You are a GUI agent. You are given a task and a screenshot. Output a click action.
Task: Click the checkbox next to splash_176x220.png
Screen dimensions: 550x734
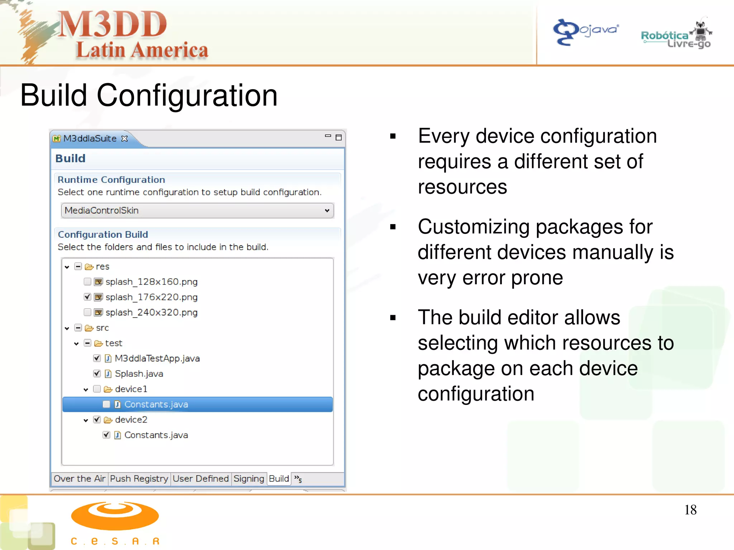click(87, 297)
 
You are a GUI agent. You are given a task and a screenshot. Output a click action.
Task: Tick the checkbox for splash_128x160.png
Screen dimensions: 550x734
click(87, 281)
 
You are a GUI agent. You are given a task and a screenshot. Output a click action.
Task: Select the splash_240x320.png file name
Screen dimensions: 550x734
click(151, 313)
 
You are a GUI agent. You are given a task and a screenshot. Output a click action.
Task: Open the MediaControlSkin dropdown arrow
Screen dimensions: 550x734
click(327, 211)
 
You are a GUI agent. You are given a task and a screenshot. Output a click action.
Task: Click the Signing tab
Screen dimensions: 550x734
click(249, 479)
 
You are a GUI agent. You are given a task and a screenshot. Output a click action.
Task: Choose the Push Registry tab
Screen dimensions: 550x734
click(139, 479)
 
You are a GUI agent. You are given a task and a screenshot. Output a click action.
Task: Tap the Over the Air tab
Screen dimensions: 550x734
click(79, 479)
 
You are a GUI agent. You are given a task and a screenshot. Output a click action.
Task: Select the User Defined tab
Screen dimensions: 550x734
click(200, 479)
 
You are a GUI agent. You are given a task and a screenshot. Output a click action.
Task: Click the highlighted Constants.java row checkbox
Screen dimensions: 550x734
click(106, 404)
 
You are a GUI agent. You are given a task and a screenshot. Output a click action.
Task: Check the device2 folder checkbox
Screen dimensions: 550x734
click(97, 420)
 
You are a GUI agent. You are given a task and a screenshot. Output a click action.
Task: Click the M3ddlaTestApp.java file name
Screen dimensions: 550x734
click(157, 358)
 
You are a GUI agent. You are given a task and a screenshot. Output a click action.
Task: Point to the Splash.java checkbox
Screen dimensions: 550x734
click(97, 373)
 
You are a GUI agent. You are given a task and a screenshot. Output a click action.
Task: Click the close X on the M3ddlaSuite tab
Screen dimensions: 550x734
click(124, 139)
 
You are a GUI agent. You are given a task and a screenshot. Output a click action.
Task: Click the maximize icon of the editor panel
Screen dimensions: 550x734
click(338, 137)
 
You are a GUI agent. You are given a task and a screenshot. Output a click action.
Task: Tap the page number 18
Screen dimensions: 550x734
click(690, 510)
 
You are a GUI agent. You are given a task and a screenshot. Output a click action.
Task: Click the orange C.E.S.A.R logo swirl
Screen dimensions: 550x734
click(115, 516)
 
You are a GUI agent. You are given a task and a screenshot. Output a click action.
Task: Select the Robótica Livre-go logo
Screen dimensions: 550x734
click(676, 36)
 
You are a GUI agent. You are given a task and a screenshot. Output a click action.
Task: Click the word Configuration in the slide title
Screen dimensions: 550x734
click(187, 96)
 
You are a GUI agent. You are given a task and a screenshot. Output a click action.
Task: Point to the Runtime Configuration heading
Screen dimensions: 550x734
click(111, 180)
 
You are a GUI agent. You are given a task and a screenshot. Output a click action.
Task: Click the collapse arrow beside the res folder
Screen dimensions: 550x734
click(67, 267)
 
